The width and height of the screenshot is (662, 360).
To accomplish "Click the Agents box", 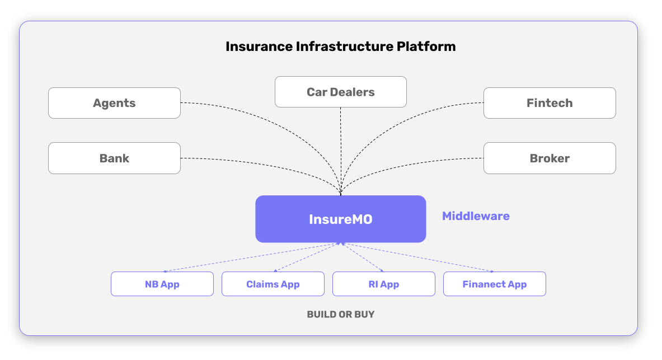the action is click(114, 103).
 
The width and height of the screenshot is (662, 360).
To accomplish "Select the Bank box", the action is click(114, 158).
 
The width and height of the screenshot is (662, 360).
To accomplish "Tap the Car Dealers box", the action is click(341, 92).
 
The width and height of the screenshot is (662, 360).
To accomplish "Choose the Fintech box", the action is click(550, 103).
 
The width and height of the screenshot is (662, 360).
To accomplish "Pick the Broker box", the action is click(550, 158).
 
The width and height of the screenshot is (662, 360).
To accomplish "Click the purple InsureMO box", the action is click(341, 219).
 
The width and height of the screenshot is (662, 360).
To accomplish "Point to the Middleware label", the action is click(476, 216).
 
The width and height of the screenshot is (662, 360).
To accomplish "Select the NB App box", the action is click(162, 284).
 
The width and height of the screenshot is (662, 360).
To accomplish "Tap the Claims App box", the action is click(273, 284).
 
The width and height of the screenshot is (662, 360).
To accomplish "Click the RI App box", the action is click(384, 284).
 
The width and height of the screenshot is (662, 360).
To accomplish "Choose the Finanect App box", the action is click(494, 284).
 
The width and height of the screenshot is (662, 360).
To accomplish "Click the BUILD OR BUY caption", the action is click(341, 314).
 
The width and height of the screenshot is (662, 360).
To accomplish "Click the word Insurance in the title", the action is click(259, 46).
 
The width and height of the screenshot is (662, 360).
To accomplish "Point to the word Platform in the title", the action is click(426, 46).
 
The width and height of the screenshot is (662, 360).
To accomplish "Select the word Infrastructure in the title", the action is click(344, 46).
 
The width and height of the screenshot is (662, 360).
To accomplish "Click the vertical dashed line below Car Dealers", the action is click(341, 151).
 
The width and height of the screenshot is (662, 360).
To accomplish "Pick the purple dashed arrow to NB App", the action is click(252, 258).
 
